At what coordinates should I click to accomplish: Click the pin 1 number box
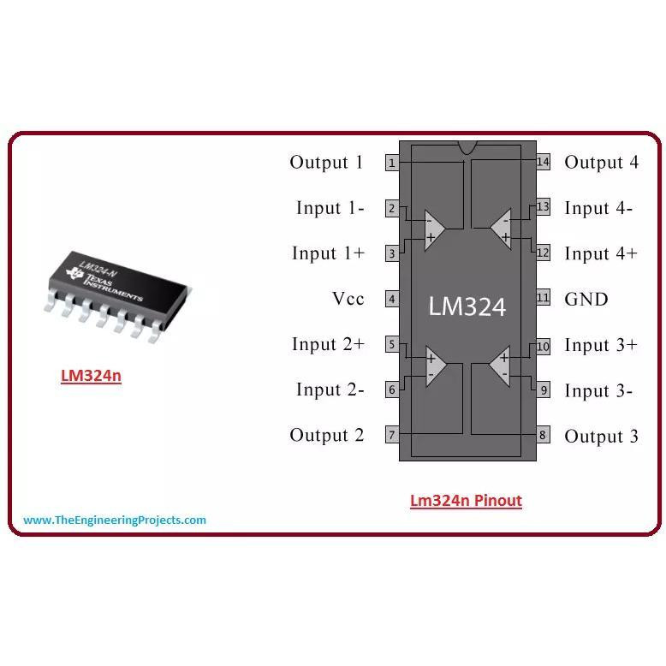[x=391, y=163]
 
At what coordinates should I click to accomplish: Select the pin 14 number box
[x=543, y=162]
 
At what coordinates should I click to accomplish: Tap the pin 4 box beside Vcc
[x=391, y=299]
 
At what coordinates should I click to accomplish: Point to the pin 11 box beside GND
[x=543, y=298]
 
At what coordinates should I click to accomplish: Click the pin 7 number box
[x=391, y=435]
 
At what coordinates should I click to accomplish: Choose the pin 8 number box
[x=543, y=435]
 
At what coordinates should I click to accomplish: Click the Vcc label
[x=348, y=299]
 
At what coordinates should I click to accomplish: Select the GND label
[x=586, y=299]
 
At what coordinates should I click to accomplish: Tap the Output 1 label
[x=326, y=163]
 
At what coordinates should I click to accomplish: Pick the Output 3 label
[x=601, y=437]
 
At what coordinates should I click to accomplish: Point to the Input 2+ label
[x=328, y=344]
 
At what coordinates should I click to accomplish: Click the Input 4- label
[x=598, y=208]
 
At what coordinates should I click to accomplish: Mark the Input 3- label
[x=598, y=391]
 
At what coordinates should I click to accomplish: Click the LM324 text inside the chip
[x=467, y=306]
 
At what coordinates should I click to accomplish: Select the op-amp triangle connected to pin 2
[x=433, y=229]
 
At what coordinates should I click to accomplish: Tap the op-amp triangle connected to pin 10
[x=501, y=366]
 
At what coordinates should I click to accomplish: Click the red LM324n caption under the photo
[x=91, y=376]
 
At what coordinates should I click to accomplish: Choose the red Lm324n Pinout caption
[x=466, y=501]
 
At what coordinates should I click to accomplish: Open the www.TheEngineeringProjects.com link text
[x=115, y=520]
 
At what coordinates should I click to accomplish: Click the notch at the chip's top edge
[x=467, y=147]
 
